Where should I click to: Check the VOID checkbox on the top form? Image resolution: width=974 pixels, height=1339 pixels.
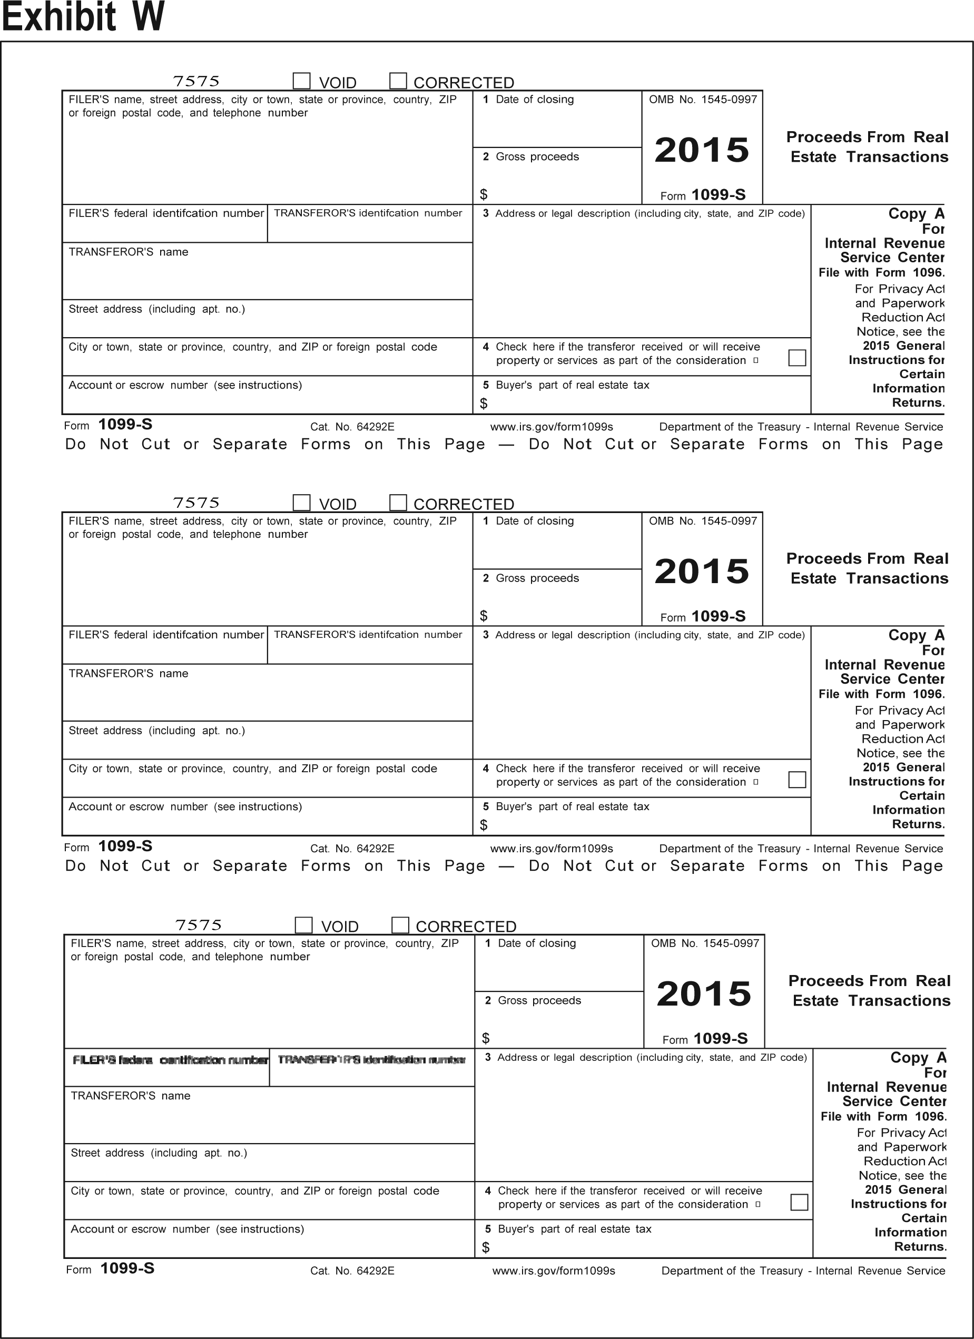pyautogui.click(x=302, y=81)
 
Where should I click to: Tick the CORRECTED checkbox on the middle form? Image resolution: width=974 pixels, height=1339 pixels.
pyautogui.click(x=398, y=503)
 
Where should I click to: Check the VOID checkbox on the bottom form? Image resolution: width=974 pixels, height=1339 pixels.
pyautogui.click(x=303, y=924)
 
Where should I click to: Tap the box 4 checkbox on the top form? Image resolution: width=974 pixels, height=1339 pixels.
pyautogui.click(x=797, y=358)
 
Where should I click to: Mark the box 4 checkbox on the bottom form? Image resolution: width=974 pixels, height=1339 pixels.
pyautogui.click(x=799, y=1202)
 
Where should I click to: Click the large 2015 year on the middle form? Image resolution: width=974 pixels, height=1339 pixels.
pyautogui.click(x=702, y=572)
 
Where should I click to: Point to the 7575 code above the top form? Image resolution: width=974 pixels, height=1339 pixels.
pyautogui.click(x=196, y=81)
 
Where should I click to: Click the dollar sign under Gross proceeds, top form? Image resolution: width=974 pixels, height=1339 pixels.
pyautogui.click(x=484, y=194)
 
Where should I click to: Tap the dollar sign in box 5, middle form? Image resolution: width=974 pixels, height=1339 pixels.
pyautogui.click(x=484, y=825)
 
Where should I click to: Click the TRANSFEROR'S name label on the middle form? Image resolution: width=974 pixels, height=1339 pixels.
pyautogui.click(x=128, y=674)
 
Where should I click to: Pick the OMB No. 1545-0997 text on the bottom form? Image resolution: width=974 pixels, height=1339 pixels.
pyautogui.click(x=705, y=943)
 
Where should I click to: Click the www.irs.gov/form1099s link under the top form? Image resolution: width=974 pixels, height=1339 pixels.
pyautogui.click(x=552, y=427)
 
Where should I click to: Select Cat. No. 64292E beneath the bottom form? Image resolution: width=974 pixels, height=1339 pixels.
pyautogui.click(x=352, y=1271)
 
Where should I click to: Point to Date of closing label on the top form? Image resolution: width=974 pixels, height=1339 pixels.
pyautogui.click(x=534, y=99)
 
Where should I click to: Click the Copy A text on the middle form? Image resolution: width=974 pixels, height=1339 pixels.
pyautogui.click(x=916, y=635)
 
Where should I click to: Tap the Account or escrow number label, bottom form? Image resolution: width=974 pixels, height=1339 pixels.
pyautogui.click(x=187, y=1229)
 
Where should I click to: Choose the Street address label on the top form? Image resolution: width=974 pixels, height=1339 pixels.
pyautogui.click(x=156, y=309)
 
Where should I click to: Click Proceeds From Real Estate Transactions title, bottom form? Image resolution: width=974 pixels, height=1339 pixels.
pyautogui.click(x=871, y=991)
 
